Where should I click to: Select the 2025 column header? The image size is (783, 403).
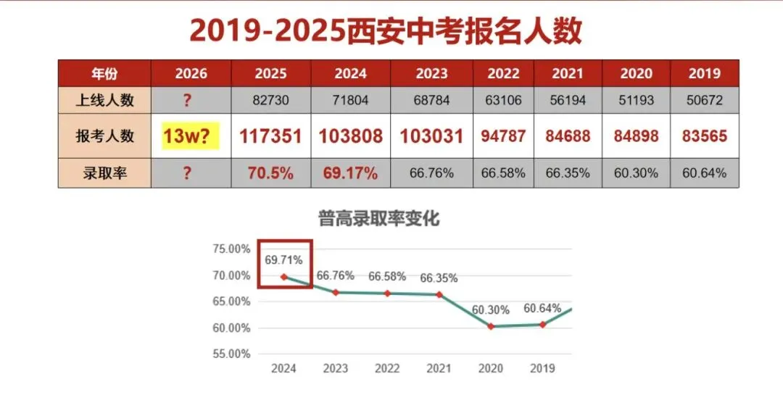[x=270, y=73]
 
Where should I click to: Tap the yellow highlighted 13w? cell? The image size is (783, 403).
[x=191, y=136]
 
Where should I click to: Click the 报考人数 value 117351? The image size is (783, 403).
[x=270, y=136]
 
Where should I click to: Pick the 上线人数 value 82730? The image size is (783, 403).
[x=270, y=101]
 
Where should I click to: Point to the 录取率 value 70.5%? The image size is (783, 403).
[x=270, y=174]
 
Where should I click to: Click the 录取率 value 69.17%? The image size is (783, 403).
[x=351, y=174]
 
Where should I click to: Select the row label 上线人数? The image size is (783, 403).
[x=105, y=101]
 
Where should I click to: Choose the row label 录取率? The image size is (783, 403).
[x=105, y=174]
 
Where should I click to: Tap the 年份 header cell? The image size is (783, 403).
[x=105, y=73]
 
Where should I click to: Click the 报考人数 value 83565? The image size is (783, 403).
[x=705, y=136]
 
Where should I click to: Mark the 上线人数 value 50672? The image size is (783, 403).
[x=705, y=101]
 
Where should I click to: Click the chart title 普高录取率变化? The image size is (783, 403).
[x=379, y=218]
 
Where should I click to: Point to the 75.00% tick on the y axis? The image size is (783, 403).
[x=231, y=249]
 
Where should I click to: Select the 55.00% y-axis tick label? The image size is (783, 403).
[x=231, y=354]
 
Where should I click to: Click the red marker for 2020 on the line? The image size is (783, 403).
[x=491, y=326]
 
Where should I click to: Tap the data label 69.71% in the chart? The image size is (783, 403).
[x=283, y=259]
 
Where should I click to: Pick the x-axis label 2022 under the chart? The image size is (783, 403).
[x=387, y=368]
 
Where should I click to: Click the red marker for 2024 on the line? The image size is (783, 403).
[x=283, y=277]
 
